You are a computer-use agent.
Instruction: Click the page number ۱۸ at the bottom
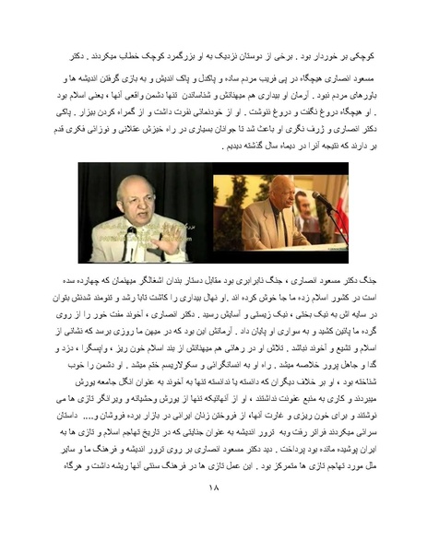coord(213,515)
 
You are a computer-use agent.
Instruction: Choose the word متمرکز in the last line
coord(243,491)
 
